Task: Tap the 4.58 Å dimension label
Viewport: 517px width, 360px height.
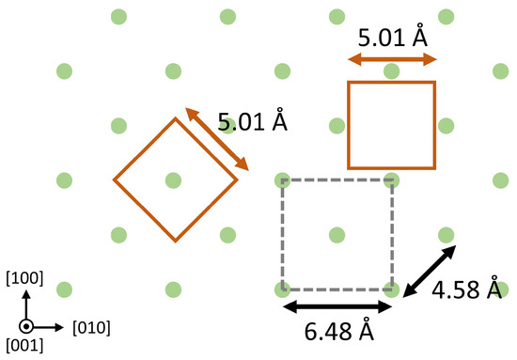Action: [467, 291]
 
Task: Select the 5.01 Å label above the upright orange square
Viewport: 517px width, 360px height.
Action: [392, 39]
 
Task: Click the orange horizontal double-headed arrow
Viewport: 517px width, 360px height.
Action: [392, 59]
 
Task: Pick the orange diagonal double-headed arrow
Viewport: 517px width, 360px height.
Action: [216, 139]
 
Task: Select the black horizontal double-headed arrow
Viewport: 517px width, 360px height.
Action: [338, 307]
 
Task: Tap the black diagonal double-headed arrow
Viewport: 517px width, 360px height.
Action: [430, 271]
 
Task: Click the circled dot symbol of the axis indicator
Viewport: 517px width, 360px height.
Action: [27, 327]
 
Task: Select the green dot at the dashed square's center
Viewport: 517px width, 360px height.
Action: [337, 233]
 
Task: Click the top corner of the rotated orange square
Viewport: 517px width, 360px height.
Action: [174, 118]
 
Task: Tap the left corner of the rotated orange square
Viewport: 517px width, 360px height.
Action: [114, 179]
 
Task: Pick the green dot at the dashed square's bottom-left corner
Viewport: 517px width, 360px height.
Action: [283, 288]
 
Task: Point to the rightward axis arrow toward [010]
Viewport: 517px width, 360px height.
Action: [52, 327]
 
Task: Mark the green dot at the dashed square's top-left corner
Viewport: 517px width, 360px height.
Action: [283, 179]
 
